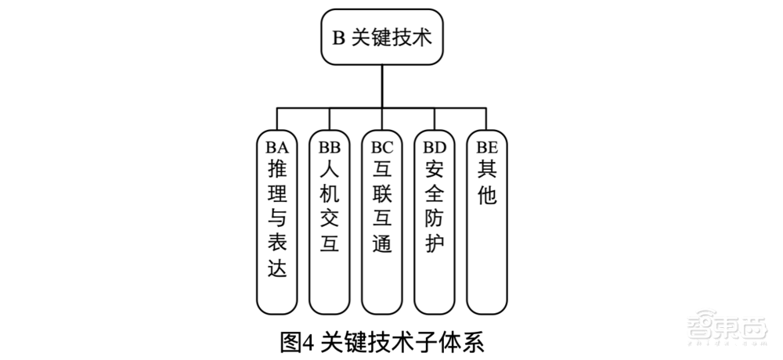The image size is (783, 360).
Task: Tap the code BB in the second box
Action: [x=330, y=146]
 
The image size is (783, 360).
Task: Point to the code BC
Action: [x=382, y=146]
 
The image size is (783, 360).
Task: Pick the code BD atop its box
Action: [x=435, y=146]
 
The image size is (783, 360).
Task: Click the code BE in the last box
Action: [x=486, y=146]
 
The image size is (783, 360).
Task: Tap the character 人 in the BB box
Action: [x=330, y=168]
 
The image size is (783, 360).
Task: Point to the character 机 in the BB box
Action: [x=330, y=193]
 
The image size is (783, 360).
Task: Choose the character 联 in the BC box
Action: [x=382, y=193]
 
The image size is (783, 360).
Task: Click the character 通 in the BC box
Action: [x=382, y=244]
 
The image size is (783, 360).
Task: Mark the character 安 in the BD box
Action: [x=435, y=168]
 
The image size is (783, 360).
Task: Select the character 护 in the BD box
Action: [x=435, y=244]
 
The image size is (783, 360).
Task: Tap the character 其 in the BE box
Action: [x=486, y=168]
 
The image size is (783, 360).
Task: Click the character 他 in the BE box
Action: [x=486, y=193]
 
